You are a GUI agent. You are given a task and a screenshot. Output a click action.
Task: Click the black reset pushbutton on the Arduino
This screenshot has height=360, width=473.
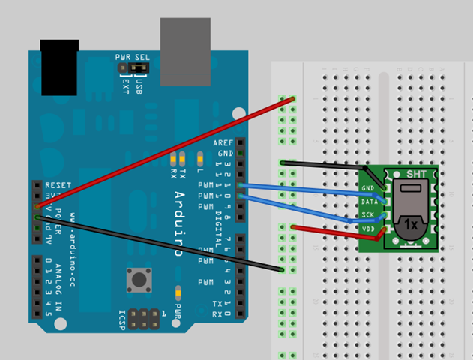(139, 280)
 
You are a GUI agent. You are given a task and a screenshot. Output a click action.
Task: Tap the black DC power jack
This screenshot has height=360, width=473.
(60, 67)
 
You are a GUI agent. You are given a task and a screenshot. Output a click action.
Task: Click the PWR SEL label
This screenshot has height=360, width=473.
(133, 57)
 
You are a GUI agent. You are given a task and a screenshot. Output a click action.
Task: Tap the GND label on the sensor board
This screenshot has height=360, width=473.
(367, 187)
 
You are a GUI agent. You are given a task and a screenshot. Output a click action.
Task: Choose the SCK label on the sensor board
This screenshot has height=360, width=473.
(367, 216)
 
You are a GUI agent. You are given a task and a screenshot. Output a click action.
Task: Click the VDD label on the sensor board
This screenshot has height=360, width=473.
(367, 229)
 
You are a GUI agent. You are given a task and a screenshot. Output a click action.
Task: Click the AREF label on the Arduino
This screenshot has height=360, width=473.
(223, 142)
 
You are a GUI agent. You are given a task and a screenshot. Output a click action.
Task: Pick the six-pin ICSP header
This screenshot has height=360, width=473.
(142, 317)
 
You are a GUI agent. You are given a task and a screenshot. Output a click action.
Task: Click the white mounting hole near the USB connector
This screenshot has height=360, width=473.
(238, 113)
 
